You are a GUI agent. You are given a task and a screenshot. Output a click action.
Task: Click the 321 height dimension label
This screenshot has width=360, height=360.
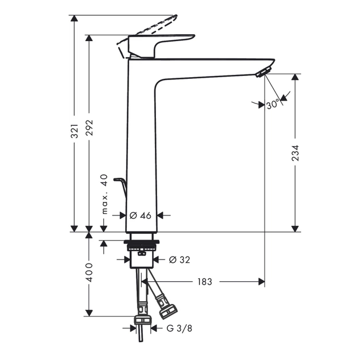coord(74,131)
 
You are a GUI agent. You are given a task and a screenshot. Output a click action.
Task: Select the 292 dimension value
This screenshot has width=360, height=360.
coord(89,127)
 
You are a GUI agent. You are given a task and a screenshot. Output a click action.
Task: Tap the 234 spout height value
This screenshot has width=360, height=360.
coord(295,153)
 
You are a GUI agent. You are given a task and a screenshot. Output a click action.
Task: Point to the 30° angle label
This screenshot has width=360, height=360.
coord(273,105)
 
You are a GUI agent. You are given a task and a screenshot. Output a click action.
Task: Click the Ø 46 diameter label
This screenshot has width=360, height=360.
coord(140,215)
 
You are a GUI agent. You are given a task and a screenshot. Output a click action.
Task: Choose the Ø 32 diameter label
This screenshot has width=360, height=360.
coord(179,259)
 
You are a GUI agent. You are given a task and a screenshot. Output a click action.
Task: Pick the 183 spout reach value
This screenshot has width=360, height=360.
coord(205,282)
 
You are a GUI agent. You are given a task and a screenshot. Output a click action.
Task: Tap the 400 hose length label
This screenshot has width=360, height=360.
coord(89,273)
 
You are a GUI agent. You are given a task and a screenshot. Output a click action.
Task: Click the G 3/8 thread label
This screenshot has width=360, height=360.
coord(179,329)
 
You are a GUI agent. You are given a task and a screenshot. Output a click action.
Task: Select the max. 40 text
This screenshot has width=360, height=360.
coord(105,194)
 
